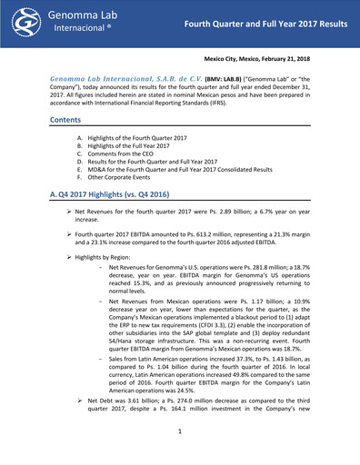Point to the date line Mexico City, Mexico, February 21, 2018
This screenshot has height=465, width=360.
[272, 56]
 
